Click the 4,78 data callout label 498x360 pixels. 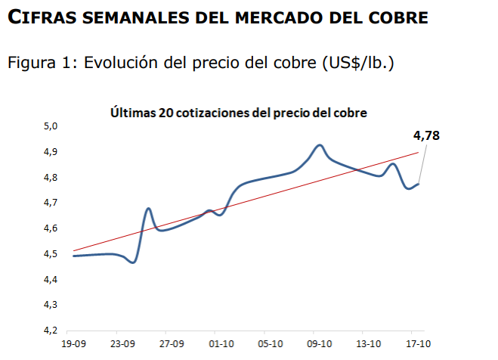(x=426, y=136)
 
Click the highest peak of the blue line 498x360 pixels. (x=320, y=144)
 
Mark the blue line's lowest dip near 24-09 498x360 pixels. (x=133, y=262)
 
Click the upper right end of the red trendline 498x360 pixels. (x=418, y=153)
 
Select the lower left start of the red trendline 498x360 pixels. (x=73, y=250)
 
